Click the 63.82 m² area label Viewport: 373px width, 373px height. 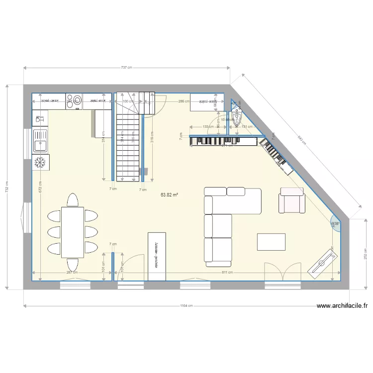pyautogui.click(x=169, y=195)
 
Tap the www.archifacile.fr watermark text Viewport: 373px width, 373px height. pyautogui.click(x=341, y=306)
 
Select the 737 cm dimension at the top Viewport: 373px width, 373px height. pyautogui.click(x=127, y=67)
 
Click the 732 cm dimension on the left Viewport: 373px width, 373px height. pyautogui.click(x=6, y=186)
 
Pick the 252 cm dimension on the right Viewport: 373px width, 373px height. pyautogui.click(x=366, y=254)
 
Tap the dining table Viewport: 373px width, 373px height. pyautogui.click(x=73, y=232)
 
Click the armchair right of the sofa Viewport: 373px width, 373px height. pyautogui.click(x=292, y=200)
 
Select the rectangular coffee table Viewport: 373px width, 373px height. pyautogui.click(x=271, y=242)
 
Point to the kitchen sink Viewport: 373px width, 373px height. pyautogui.click(x=40, y=141)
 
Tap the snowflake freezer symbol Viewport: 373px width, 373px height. pyautogui.click(x=40, y=162)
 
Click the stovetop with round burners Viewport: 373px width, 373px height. pyautogui.click(x=74, y=100)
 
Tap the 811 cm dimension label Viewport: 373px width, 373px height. pyautogui.click(x=227, y=273)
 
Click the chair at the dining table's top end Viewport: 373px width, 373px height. pyautogui.click(x=73, y=200)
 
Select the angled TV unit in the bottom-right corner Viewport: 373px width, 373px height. pyautogui.click(x=323, y=260)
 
